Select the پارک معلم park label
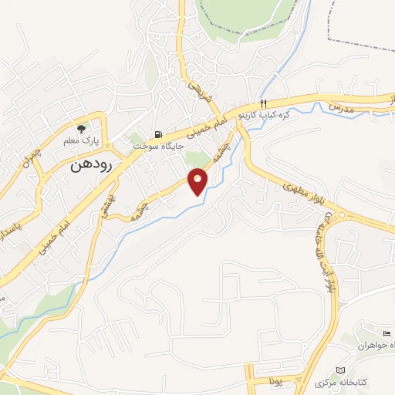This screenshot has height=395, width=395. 80,141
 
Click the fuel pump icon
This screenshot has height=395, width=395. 158,134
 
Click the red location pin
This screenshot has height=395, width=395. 198,182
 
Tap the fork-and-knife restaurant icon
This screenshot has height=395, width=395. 264,103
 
